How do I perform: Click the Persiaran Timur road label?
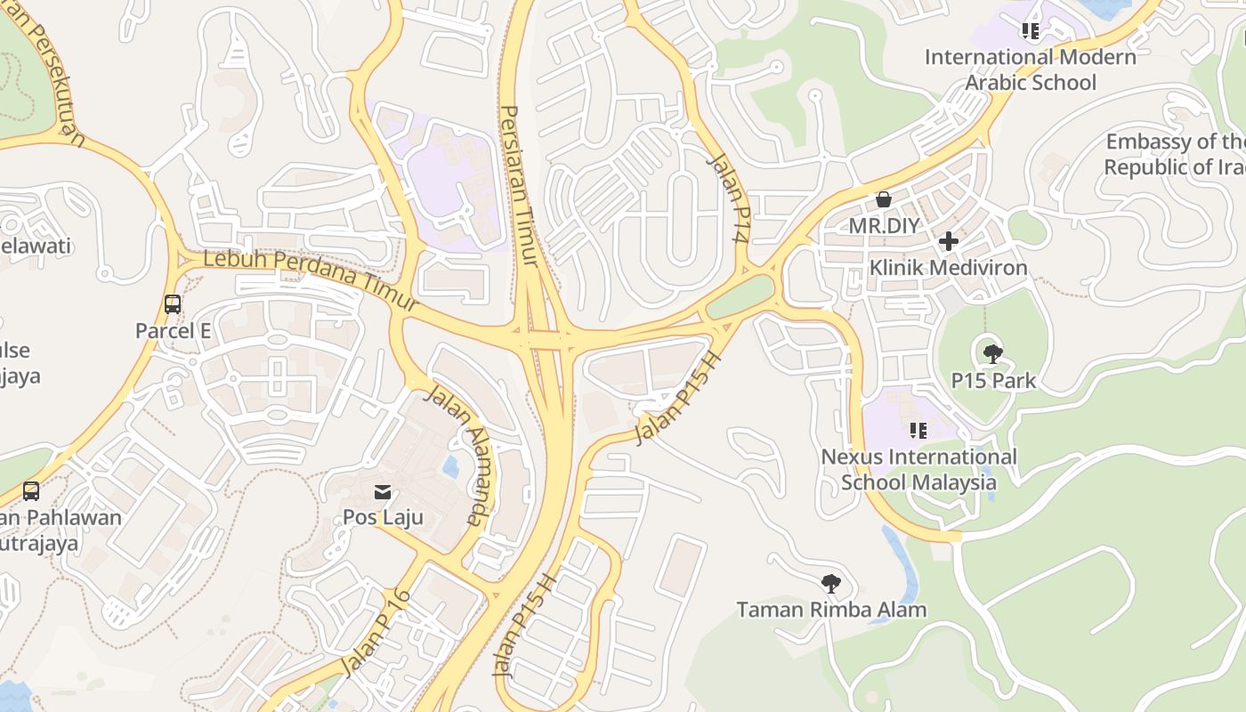click(x=519, y=185)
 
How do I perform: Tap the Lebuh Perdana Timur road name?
click(x=311, y=278)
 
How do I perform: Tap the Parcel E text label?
click(x=173, y=331)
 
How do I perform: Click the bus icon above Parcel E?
click(x=173, y=304)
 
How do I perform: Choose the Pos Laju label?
click(x=383, y=517)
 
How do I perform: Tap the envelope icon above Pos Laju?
click(x=383, y=491)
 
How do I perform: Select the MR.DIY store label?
click(x=883, y=225)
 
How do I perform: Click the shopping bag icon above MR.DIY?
click(x=884, y=199)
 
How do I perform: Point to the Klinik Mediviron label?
click(x=948, y=267)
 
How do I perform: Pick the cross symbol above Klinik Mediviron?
click(x=949, y=241)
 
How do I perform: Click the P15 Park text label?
click(x=993, y=381)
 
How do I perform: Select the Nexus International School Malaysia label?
click(x=918, y=469)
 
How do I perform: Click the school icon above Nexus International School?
click(x=918, y=431)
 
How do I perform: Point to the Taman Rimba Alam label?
click(x=831, y=610)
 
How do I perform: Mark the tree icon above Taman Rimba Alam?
click(x=831, y=584)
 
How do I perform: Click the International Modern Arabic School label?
click(x=1031, y=69)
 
